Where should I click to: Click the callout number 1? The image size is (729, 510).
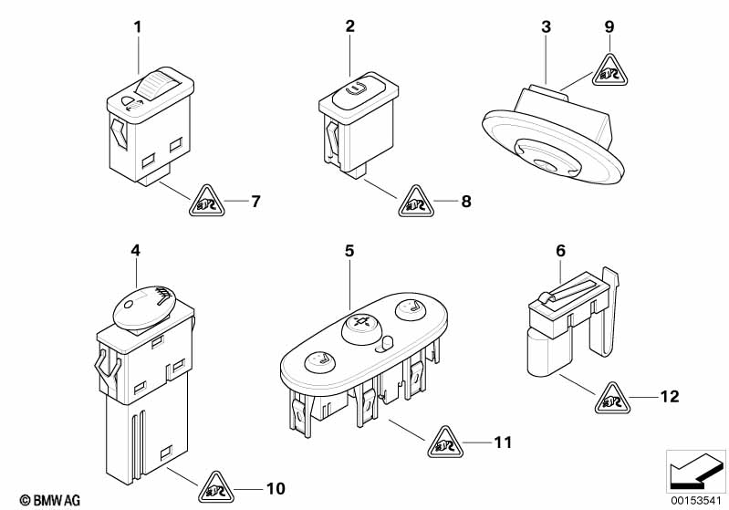tap(138, 27)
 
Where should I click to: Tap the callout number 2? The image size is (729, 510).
tap(349, 27)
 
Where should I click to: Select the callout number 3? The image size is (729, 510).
tap(547, 27)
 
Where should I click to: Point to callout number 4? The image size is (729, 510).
tap(136, 250)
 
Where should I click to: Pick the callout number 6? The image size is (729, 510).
tap(560, 250)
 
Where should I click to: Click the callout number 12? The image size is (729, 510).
tap(669, 397)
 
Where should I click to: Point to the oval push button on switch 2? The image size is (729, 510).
tap(355, 89)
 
